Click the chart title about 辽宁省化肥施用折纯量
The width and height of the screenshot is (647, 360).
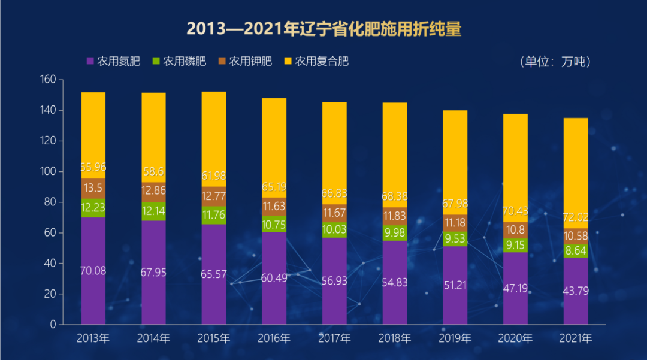(x=323, y=29)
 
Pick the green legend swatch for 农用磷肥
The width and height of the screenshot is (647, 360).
(x=156, y=61)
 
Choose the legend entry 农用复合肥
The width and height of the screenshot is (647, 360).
(x=321, y=61)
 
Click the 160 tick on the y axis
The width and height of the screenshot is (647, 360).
(x=48, y=80)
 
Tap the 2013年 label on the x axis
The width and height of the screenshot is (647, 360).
(x=93, y=338)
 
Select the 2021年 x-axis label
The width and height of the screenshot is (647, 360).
(x=575, y=338)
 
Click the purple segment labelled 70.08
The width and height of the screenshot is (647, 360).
(x=93, y=271)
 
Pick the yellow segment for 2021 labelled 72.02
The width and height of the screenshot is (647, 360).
(x=575, y=168)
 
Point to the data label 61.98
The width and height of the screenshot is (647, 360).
(x=214, y=176)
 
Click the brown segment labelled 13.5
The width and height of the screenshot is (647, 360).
(x=93, y=188)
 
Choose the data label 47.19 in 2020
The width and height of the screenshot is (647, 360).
(x=515, y=289)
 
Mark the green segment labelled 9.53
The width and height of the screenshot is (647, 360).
(x=455, y=239)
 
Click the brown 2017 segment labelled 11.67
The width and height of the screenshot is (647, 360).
(x=334, y=213)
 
